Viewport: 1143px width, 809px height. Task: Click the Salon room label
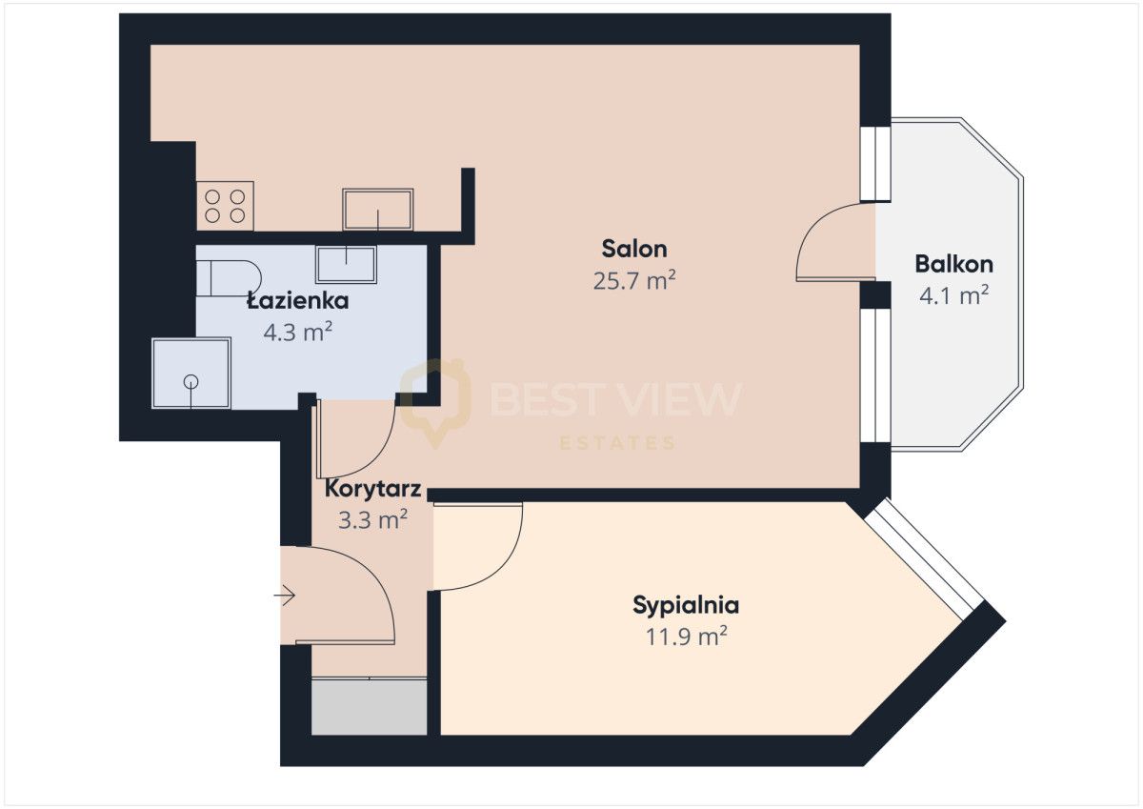coord(634,249)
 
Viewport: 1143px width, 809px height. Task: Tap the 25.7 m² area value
coord(634,280)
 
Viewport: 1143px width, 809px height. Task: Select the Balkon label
coord(953,264)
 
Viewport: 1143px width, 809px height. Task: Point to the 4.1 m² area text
coord(953,295)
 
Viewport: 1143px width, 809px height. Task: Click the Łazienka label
coord(298,300)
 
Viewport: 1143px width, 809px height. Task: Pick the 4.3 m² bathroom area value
coord(298,333)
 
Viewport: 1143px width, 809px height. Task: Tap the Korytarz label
coord(372,489)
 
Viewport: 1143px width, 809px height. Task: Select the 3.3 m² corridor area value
coord(372,520)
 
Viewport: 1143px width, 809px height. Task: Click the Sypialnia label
coord(686,605)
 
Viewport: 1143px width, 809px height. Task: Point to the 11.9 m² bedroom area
coord(686,637)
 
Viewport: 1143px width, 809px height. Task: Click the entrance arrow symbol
coord(284,596)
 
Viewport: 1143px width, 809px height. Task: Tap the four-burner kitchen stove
coord(225,206)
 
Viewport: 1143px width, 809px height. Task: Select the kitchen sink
coord(377,210)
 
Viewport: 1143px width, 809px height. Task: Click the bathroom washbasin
coord(346,264)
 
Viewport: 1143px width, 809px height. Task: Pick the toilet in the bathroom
coord(229,278)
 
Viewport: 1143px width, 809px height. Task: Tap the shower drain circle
coord(190,380)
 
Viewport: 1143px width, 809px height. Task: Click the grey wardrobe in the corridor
coord(369,706)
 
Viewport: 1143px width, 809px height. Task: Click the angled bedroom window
coord(924,559)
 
